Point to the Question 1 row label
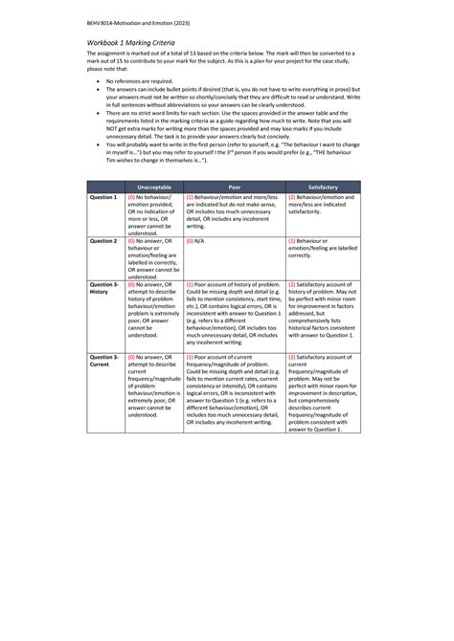coord(102,196)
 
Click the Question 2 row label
coord(102,241)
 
